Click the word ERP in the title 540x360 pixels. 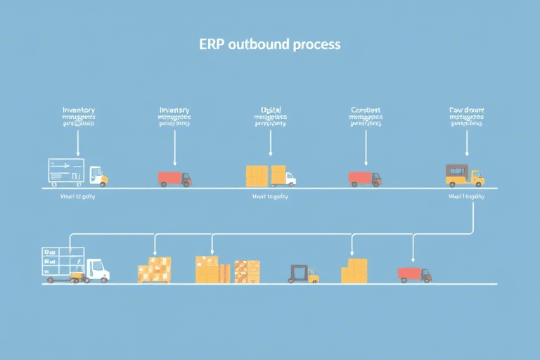point(211,44)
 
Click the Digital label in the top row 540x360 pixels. point(271,110)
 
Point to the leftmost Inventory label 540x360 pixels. point(79,110)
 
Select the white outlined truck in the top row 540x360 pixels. point(77,172)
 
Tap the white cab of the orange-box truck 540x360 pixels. point(289,179)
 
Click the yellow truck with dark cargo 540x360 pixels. point(464,175)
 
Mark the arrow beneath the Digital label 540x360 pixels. point(270,143)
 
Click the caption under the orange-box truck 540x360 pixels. point(270,197)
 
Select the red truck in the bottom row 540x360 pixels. point(414,274)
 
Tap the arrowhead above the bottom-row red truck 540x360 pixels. point(413,257)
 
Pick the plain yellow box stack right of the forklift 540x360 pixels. point(354,271)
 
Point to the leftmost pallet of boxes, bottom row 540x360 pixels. point(154,269)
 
